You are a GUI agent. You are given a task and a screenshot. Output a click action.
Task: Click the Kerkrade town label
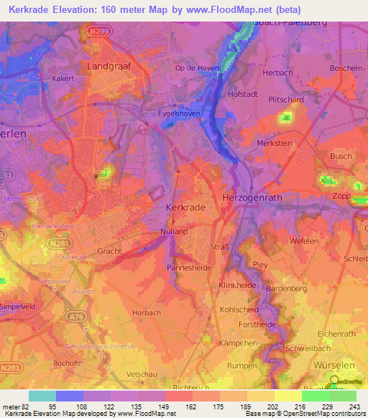point(185,206)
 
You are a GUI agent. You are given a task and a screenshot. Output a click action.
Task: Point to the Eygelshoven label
point(179,113)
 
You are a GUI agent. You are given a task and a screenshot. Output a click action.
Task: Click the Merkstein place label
point(274,143)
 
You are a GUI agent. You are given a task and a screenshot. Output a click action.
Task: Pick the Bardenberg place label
point(286,288)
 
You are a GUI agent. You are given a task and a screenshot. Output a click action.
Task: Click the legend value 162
point(178,406)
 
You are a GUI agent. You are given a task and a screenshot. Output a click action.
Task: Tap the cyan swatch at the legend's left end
point(42,396)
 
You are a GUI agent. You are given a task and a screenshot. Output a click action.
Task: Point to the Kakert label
point(63,78)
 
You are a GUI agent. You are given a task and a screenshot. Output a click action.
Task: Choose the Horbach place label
point(147,313)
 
